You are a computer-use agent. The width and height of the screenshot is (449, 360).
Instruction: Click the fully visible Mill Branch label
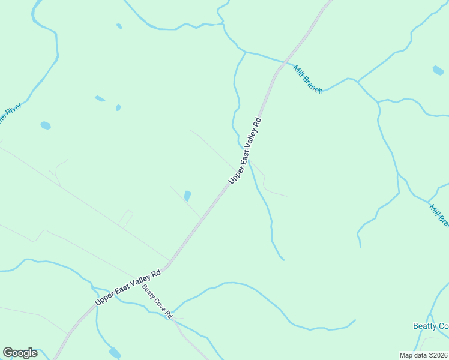point(308,79)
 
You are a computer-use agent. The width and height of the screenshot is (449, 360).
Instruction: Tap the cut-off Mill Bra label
point(439,215)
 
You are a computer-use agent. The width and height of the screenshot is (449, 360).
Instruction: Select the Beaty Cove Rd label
point(157,301)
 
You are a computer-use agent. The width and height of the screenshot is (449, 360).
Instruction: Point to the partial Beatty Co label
point(430,326)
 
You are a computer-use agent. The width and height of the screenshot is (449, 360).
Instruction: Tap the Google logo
point(20,353)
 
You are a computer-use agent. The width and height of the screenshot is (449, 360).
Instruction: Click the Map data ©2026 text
point(424,355)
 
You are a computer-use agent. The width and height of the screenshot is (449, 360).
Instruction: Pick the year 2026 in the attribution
point(440,355)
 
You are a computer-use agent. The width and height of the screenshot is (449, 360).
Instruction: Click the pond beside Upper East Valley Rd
point(187,196)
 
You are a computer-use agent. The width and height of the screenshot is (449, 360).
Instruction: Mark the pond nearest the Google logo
point(114,352)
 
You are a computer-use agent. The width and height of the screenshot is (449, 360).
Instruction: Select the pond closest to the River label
point(45,125)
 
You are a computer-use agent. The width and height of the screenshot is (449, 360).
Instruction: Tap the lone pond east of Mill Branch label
point(438,70)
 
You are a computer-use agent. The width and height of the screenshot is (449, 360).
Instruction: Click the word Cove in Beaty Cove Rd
point(158,302)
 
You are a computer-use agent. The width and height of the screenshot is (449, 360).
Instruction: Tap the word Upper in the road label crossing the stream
point(234,176)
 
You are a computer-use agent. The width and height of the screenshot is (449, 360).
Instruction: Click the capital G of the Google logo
point(8,353)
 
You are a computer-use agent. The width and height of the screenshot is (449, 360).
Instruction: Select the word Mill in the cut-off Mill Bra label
point(433,209)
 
